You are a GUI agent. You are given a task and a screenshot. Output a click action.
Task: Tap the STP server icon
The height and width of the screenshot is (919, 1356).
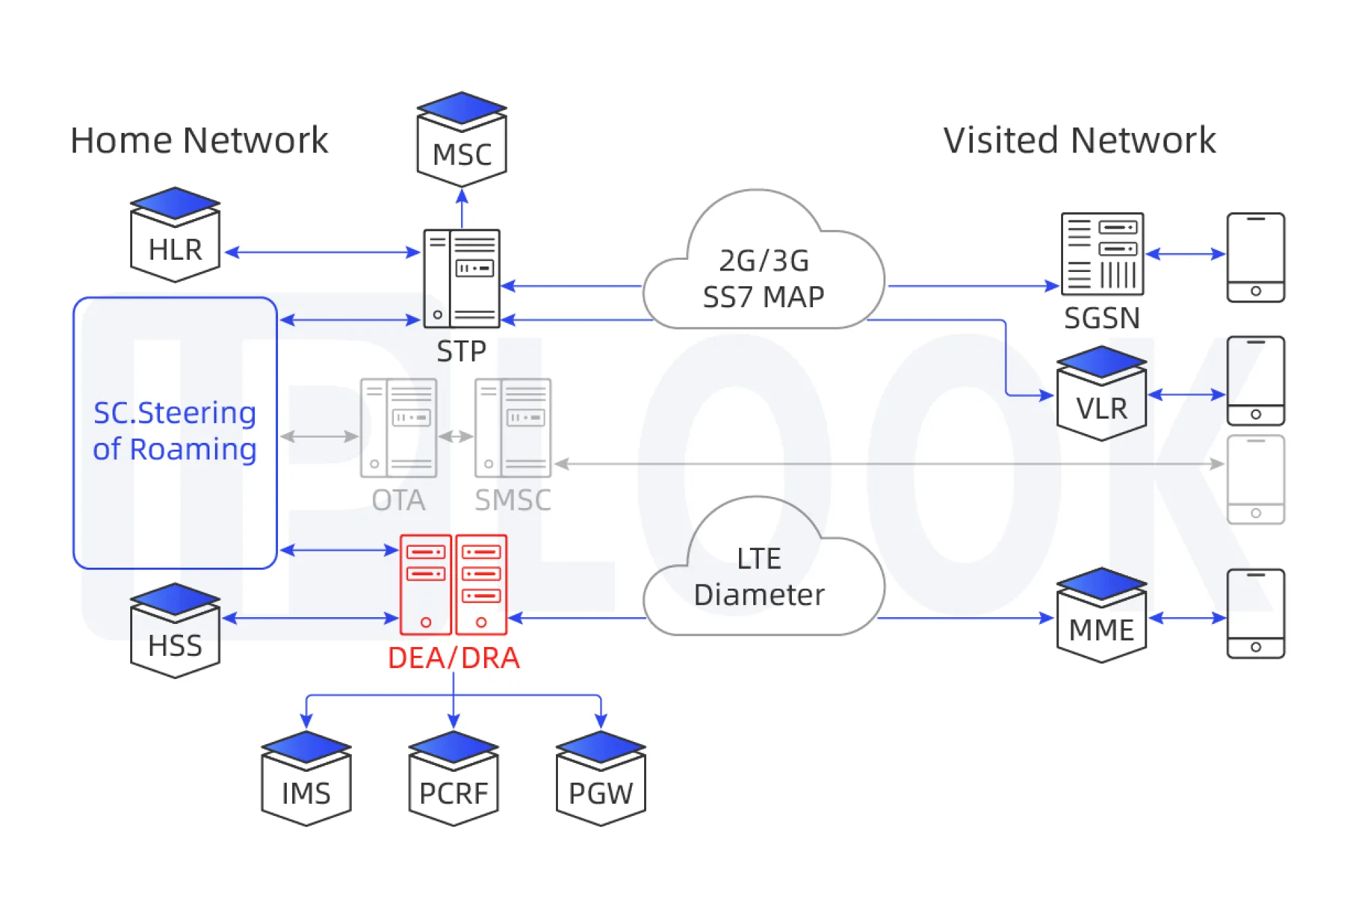[462, 279]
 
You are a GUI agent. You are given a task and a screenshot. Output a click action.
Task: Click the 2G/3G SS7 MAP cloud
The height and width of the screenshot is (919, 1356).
[763, 275]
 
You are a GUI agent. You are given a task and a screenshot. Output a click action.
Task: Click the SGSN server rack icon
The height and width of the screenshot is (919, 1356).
[1102, 254]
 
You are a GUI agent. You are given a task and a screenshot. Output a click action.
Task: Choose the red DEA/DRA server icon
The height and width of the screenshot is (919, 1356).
[454, 585]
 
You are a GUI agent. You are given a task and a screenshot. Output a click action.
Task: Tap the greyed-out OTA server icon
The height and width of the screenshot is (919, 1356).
[399, 428]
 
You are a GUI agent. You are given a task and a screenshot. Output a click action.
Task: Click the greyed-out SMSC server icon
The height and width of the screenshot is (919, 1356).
[513, 428]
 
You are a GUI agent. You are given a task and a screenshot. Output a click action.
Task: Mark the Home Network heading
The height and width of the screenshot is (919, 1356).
[199, 140]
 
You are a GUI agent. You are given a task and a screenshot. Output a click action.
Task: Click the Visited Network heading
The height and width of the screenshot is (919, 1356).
[1079, 140]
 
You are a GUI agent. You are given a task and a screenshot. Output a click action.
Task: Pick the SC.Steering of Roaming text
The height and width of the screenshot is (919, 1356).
[175, 431]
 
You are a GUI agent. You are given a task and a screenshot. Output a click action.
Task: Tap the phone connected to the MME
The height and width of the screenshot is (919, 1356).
[1256, 614]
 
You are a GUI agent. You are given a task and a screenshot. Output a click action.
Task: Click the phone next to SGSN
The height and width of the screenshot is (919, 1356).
[1256, 258]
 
